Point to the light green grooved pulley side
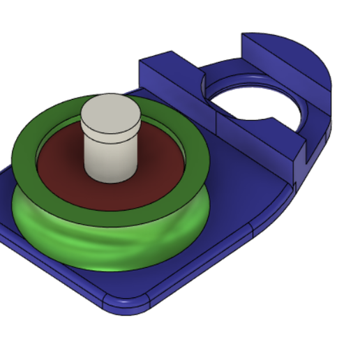tap(105, 244)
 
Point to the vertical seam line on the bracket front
tap(217, 126)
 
